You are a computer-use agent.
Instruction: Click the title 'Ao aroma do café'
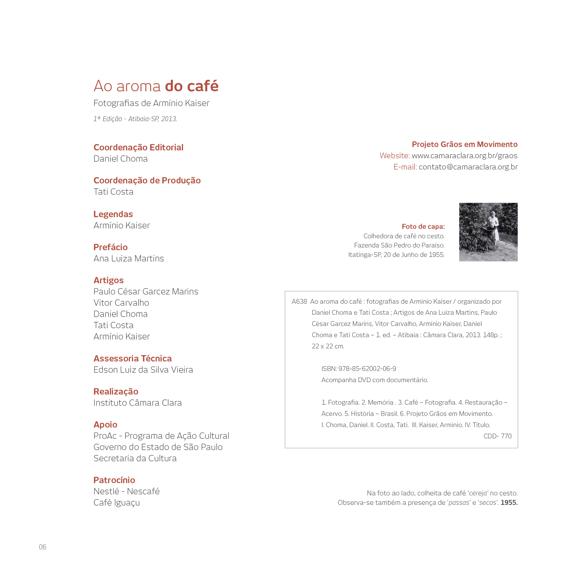(156, 86)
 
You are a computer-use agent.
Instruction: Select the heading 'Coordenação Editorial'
(138, 147)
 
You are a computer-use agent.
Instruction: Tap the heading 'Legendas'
(113, 214)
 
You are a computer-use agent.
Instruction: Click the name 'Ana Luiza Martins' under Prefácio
(129, 259)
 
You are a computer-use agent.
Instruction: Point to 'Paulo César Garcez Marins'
(146, 291)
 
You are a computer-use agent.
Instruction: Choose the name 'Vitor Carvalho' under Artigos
(121, 303)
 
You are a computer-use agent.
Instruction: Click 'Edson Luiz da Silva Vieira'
(143, 370)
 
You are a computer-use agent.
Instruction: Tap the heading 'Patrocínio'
(114, 480)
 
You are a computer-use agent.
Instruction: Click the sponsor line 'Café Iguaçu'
(116, 502)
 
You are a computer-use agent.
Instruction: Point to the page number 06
(43, 547)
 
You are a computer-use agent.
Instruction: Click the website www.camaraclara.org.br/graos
(464, 156)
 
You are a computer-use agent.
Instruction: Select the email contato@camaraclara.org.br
(468, 167)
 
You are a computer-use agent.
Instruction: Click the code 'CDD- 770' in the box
(497, 436)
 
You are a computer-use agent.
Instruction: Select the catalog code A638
(299, 301)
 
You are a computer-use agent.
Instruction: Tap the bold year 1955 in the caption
(509, 502)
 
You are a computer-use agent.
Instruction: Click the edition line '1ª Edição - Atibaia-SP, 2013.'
(135, 119)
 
